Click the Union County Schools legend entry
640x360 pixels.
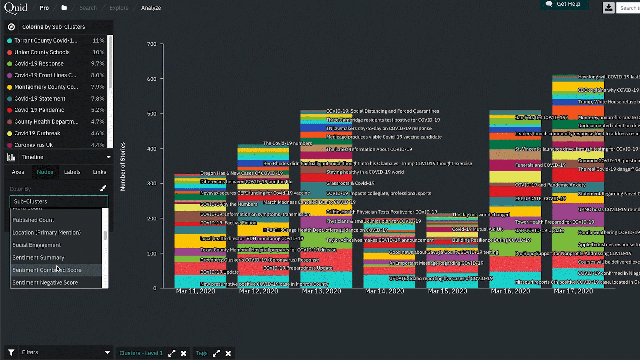[x=42, y=52]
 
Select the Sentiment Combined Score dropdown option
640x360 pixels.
[x=47, y=270]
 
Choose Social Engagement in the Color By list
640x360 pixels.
[x=36, y=245]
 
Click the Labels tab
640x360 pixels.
[x=72, y=172]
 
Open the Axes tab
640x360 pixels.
[x=18, y=172]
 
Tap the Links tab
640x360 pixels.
[x=99, y=172]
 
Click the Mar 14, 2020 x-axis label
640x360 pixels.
[x=384, y=291]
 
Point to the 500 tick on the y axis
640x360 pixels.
[x=152, y=114]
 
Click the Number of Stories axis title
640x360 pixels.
[x=123, y=167]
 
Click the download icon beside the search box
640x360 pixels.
[x=608, y=8]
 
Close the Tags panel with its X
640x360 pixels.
[x=228, y=353]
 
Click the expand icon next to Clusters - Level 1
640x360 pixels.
[x=172, y=353]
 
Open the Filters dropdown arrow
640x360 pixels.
[x=107, y=352]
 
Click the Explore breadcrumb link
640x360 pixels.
[x=119, y=8]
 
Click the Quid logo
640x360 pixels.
[x=16, y=8]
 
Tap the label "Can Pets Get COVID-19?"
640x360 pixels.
[x=541, y=117]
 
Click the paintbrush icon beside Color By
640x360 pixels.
[x=103, y=188]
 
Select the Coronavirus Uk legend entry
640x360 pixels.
[x=33, y=145]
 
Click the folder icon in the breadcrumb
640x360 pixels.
[x=64, y=8]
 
